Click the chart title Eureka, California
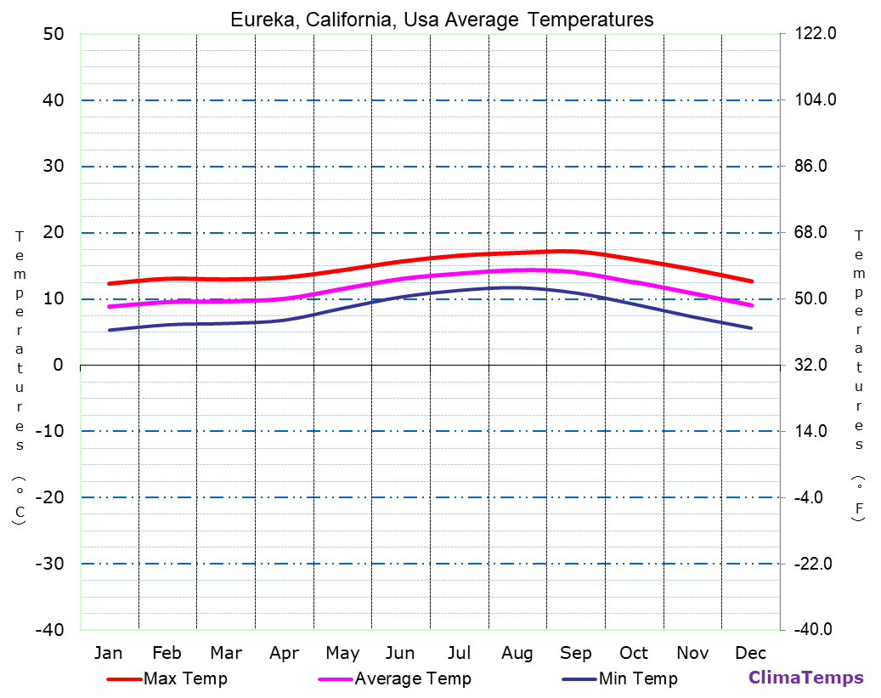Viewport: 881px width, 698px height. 442,20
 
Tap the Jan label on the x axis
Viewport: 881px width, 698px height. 109,653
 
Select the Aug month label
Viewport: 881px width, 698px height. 517,653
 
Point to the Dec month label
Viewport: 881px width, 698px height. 750,653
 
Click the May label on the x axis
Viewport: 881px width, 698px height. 342,653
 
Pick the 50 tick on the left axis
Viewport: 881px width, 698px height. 53,34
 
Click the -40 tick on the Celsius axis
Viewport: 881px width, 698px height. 48,630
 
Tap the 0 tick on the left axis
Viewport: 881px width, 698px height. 58,365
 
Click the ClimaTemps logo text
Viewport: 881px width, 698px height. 805,678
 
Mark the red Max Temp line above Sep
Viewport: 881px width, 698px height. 576,252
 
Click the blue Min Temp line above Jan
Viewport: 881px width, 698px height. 109,330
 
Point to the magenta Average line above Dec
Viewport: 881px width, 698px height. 751,304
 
